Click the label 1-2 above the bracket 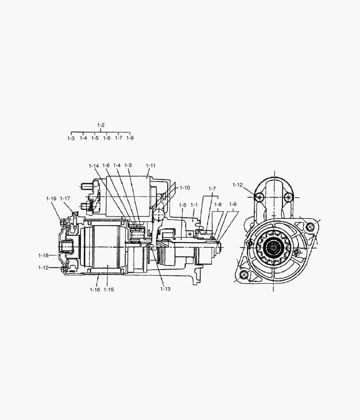[x=101, y=125]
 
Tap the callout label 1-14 [x=94, y=166]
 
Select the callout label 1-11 [x=150, y=166]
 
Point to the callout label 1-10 [x=185, y=188]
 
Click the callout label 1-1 [x=194, y=205]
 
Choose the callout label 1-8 [x=218, y=205]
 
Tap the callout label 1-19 [x=51, y=199]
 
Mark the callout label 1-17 [x=65, y=198]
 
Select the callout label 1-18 [x=44, y=255]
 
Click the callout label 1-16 [x=95, y=290]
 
